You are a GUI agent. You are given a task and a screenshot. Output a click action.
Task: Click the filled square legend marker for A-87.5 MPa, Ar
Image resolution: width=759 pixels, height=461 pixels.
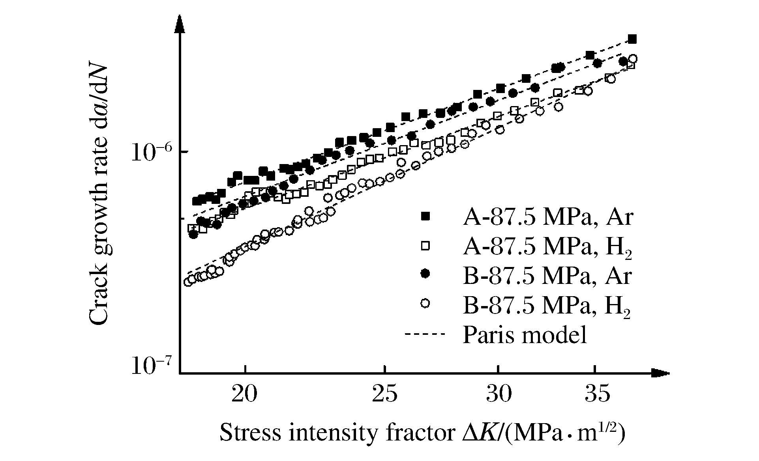coord(425,216)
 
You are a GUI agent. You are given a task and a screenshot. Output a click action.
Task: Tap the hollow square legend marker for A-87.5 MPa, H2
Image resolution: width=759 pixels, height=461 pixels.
coord(425,246)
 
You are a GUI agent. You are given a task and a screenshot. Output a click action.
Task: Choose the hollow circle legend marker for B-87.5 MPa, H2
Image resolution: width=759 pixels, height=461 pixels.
coord(425,303)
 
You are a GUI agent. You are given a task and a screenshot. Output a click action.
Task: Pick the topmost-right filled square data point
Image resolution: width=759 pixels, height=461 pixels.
coord(632,39)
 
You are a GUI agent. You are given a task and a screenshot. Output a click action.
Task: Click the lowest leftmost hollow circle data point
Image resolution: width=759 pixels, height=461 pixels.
coord(188,282)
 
